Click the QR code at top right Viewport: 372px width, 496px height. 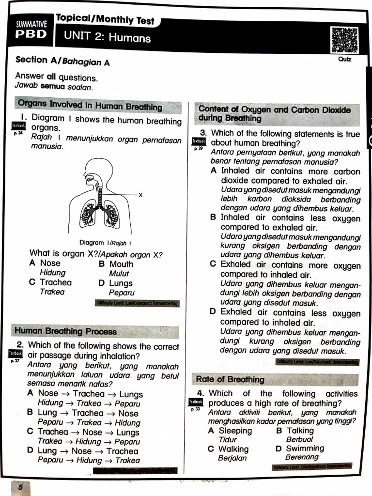[x=344, y=40]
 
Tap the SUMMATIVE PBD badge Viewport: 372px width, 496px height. [x=31, y=30]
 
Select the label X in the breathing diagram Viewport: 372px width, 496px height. [x=140, y=195]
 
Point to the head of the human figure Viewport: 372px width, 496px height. [x=96, y=172]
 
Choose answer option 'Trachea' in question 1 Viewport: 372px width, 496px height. [x=56, y=283]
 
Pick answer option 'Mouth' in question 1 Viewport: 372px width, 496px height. [x=121, y=264]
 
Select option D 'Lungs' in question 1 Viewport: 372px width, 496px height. [x=120, y=283]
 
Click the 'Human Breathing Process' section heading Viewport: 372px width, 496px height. [x=65, y=332]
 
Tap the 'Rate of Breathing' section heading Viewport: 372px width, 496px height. [x=231, y=379]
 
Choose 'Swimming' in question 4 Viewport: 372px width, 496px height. [x=305, y=449]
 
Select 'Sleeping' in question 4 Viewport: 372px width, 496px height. [x=235, y=431]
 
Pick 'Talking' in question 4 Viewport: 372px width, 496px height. [x=300, y=431]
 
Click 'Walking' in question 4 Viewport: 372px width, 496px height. [x=233, y=449]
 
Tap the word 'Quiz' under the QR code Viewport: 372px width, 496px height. [x=345, y=59]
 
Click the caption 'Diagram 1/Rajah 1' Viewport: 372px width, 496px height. [x=105, y=243]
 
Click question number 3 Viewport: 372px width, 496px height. [x=203, y=133]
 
